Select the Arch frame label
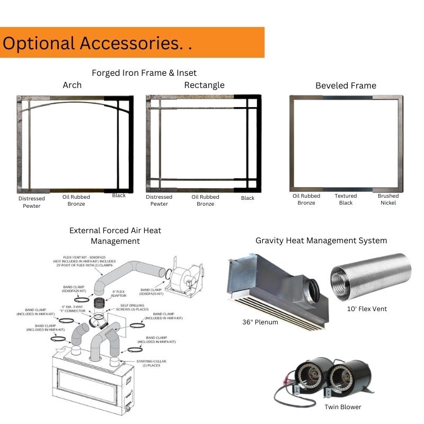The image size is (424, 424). point(72,85)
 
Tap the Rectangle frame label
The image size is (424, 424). point(204,85)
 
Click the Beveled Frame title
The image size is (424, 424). point(346,86)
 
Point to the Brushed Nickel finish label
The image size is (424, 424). point(388,199)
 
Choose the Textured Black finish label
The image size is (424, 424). point(346,199)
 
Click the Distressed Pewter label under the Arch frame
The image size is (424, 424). point(32,202)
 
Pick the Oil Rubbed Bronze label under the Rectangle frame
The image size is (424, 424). point(206,200)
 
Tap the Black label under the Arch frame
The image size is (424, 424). point(119,196)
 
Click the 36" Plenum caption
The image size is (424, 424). point(260,322)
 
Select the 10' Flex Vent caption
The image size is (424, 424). point(366,309)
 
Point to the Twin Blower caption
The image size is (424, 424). point(343,407)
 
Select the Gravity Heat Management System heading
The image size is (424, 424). point(321,241)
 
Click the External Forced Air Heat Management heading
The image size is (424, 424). point(115,236)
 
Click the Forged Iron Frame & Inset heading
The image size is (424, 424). point(144,73)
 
